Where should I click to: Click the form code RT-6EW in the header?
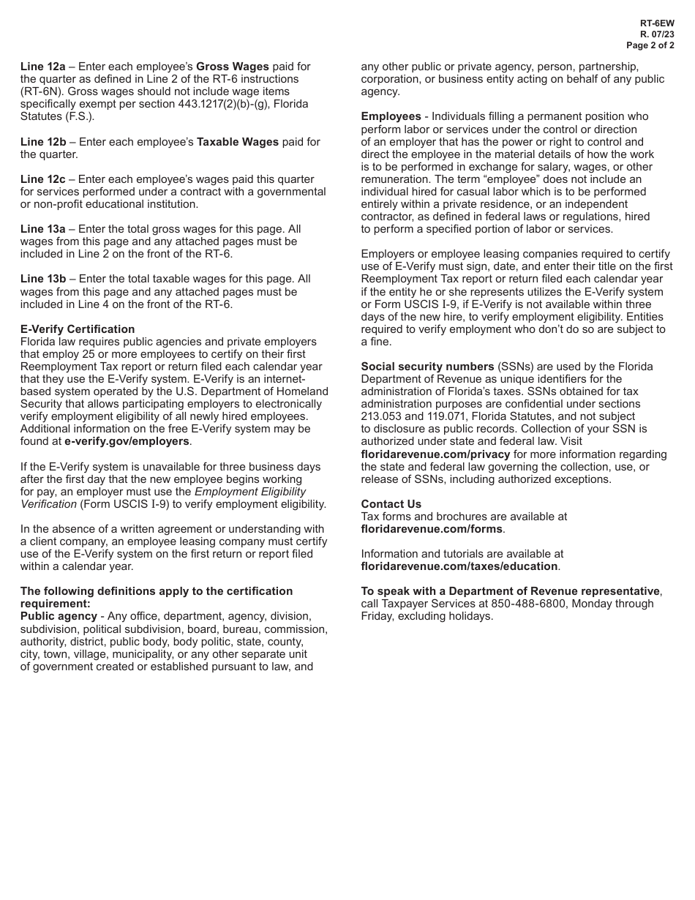point(657,23)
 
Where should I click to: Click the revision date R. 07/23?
point(657,34)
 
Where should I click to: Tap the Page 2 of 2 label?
point(650,45)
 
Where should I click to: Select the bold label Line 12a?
point(42,67)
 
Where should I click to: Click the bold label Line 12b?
point(42,142)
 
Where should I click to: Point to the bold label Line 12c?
point(42,179)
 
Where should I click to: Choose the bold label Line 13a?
point(42,229)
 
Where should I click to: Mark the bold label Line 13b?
point(42,279)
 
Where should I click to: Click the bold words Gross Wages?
point(232,67)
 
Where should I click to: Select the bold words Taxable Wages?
point(238,142)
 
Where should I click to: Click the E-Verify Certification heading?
point(78,329)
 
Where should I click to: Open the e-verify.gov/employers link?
point(127,441)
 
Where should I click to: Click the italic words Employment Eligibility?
point(250,492)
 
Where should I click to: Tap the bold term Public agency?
point(59,616)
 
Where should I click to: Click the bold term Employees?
point(391,116)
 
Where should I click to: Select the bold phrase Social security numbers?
point(427,367)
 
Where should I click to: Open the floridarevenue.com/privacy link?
point(435,454)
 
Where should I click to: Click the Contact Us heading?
point(391,504)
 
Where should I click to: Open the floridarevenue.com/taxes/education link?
point(459,566)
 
